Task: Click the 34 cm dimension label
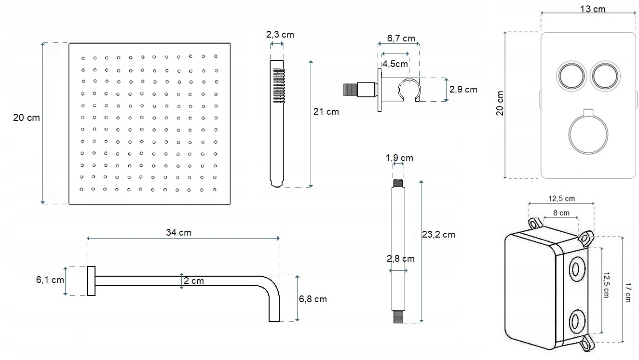tap(178, 233)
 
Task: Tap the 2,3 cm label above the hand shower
tap(280, 35)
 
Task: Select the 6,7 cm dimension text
tap(401, 38)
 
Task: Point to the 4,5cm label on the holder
tap(395, 64)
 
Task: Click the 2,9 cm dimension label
tap(463, 90)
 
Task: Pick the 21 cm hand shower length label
tap(326, 111)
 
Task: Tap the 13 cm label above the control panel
tap(593, 9)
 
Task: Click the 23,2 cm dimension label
tap(438, 235)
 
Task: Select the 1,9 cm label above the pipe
tap(399, 158)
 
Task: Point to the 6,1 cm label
tap(50, 280)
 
